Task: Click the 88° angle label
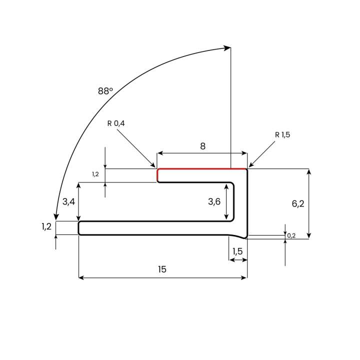pyautogui.click(x=105, y=91)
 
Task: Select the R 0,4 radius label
pyautogui.click(x=115, y=123)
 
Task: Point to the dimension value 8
pyautogui.click(x=202, y=146)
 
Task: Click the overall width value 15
pyautogui.click(x=162, y=269)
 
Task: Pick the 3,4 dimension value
pyautogui.click(x=68, y=201)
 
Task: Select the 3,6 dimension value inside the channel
pyautogui.click(x=214, y=201)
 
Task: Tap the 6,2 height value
pyautogui.click(x=298, y=203)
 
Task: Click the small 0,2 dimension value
pyautogui.click(x=291, y=235)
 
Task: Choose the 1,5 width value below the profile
pyautogui.click(x=237, y=251)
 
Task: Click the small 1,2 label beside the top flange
pyautogui.click(x=95, y=174)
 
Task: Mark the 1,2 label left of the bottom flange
pyautogui.click(x=46, y=226)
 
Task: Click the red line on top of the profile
pyautogui.click(x=202, y=169)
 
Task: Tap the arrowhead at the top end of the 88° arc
pyautogui.click(x=227, y=48)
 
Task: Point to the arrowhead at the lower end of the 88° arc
pyautogui.click(x=56, y=216)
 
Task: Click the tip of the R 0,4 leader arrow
pyautogui.click(x=155, y=166)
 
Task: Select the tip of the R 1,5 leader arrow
pyautogui.click(x=249, y=166)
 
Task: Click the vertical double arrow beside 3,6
pyautogui.click(x=227, y=202)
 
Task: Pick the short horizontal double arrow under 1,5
pyautogui.click(x=238, y=260)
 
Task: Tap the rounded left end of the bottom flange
pyautogui.click(x=79, y=228)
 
